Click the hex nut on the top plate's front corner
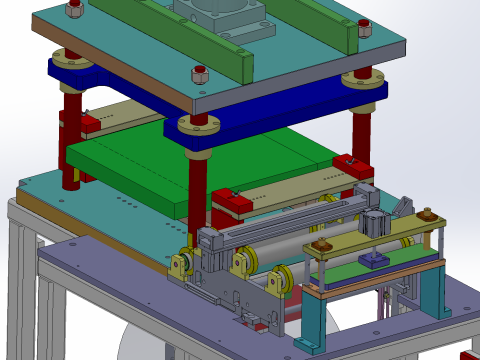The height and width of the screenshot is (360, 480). (x=197, y=75)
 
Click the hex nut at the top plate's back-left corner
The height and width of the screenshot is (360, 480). (x=73, y=10)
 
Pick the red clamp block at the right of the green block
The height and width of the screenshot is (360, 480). (x=349, y=165)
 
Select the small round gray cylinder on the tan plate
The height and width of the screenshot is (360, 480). (x=374, y=223)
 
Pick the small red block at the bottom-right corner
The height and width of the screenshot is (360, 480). (x=468, y=354)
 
